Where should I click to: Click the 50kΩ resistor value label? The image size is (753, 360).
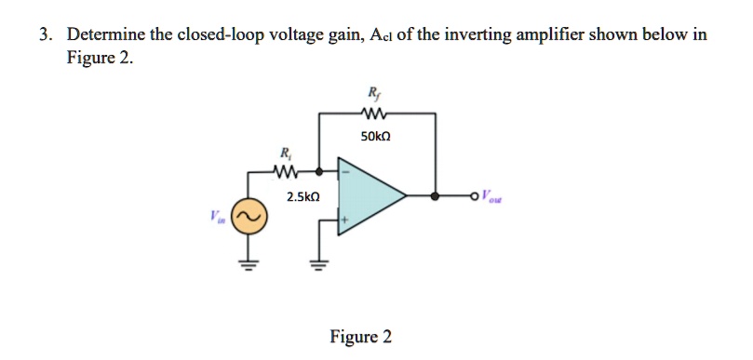378,136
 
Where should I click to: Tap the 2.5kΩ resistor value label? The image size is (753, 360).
303,197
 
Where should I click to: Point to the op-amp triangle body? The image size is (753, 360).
368,196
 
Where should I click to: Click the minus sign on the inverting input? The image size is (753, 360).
344,172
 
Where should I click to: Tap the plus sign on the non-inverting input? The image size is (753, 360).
344,221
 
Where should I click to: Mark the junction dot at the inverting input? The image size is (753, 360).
319,172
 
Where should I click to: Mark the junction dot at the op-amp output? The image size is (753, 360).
436,196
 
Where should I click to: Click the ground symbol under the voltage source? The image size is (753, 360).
249,263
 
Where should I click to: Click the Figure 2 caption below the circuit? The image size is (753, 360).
360,337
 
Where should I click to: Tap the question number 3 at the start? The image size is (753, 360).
44,35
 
